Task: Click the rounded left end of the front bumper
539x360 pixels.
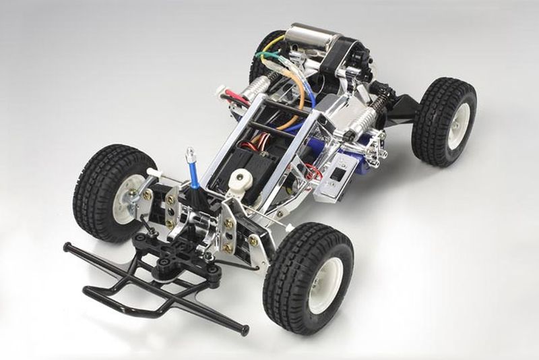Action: point(67,247)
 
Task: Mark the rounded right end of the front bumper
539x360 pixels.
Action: point(245,330)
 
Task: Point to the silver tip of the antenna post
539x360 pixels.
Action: point(190,153)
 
